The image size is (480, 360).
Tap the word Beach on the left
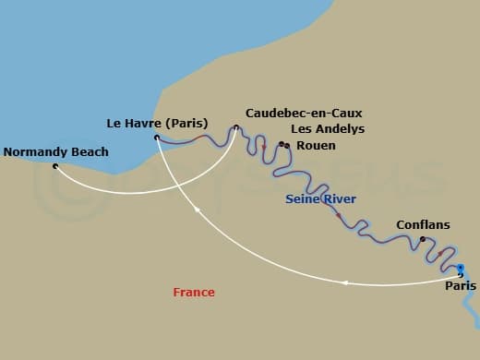click(89, 152)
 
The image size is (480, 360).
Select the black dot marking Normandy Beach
click(55, 166)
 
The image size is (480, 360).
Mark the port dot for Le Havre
click(157, 138)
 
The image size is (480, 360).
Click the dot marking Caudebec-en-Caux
click(236, 127)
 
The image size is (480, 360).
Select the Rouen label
click(316, 146)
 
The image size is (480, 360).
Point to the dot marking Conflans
click(423, 240)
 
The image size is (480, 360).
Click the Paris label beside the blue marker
click(461, 286)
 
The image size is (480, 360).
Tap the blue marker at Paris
click(461, 270)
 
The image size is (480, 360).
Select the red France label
click(194, 293)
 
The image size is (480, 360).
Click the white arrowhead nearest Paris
click(344, 282)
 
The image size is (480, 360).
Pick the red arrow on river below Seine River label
click(339, 216)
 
